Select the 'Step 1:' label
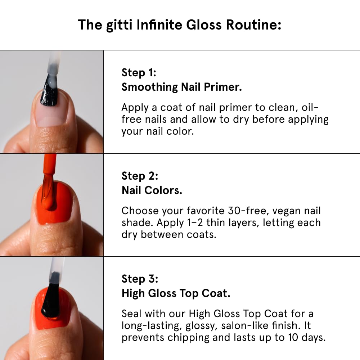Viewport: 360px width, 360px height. coord(139,72)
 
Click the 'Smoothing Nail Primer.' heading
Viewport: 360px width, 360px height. coord(181,87)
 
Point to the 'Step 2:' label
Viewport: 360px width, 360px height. coord(140,176)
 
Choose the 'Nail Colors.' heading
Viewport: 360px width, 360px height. coord(152,190)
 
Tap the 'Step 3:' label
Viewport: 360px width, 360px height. coord(140,279)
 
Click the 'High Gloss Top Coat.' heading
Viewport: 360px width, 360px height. coord(176,293)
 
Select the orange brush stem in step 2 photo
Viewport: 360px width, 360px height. coord(50,164)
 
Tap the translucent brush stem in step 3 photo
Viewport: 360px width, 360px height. coord(56,268)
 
